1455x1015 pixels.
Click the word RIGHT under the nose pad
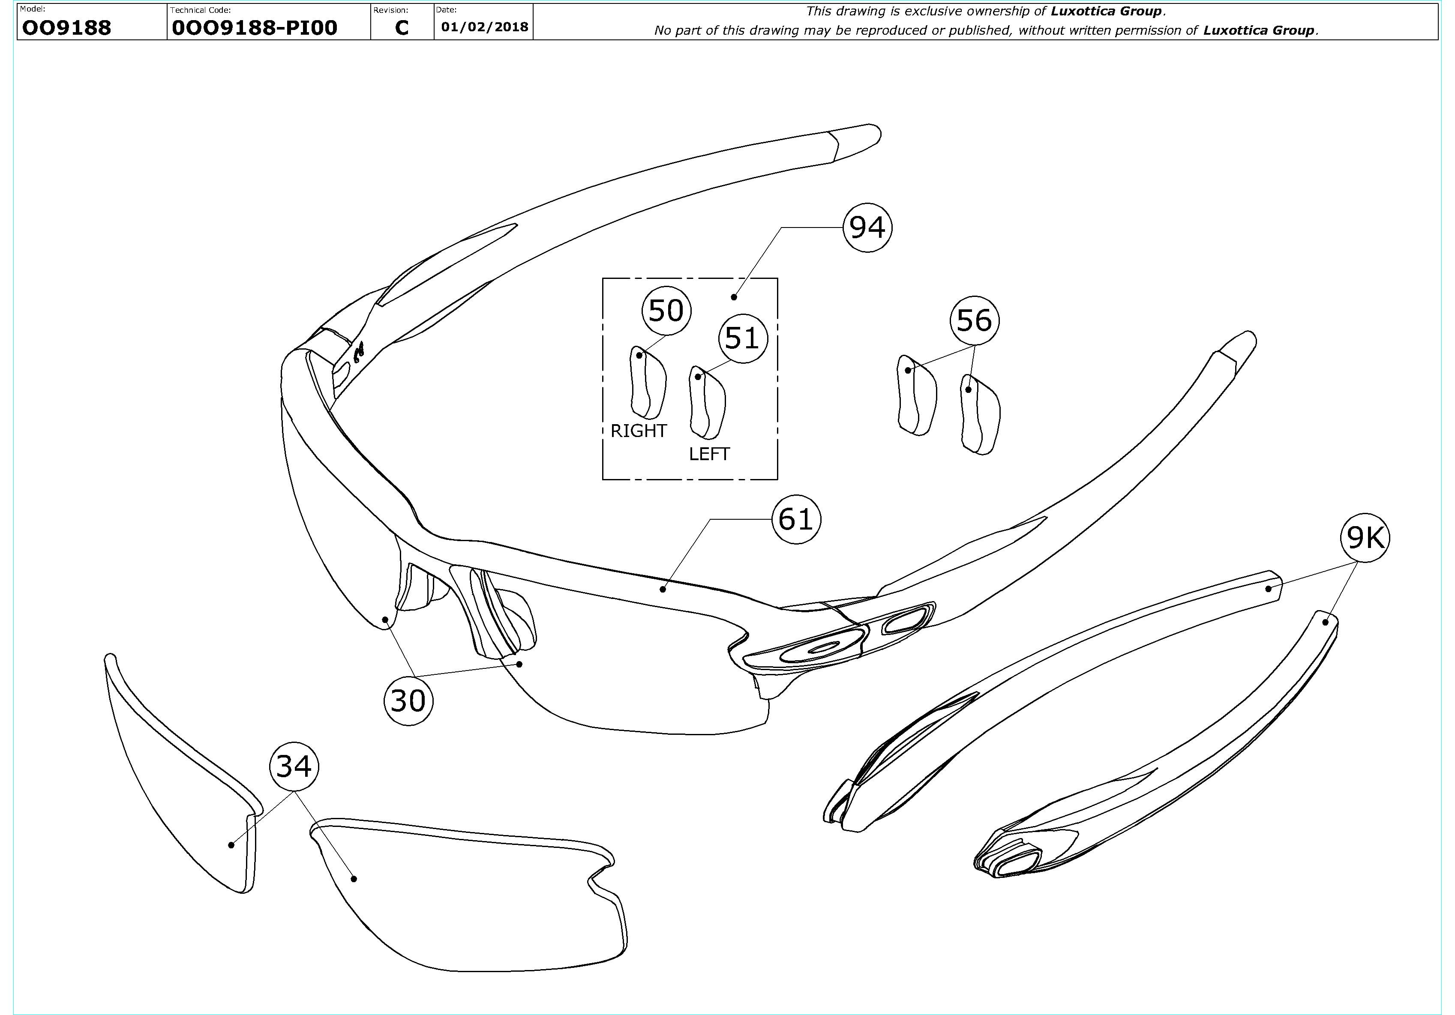coord(638,431)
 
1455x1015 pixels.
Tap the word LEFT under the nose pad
coord(709,454)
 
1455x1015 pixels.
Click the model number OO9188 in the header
coord(66,27)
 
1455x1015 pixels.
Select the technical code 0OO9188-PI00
coord(254,27)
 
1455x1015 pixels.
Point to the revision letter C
coord(402,27)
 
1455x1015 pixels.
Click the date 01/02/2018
coord(485,27)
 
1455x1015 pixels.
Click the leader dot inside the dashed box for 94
coord(734,296)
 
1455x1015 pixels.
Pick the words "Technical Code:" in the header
coord(200,10)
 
